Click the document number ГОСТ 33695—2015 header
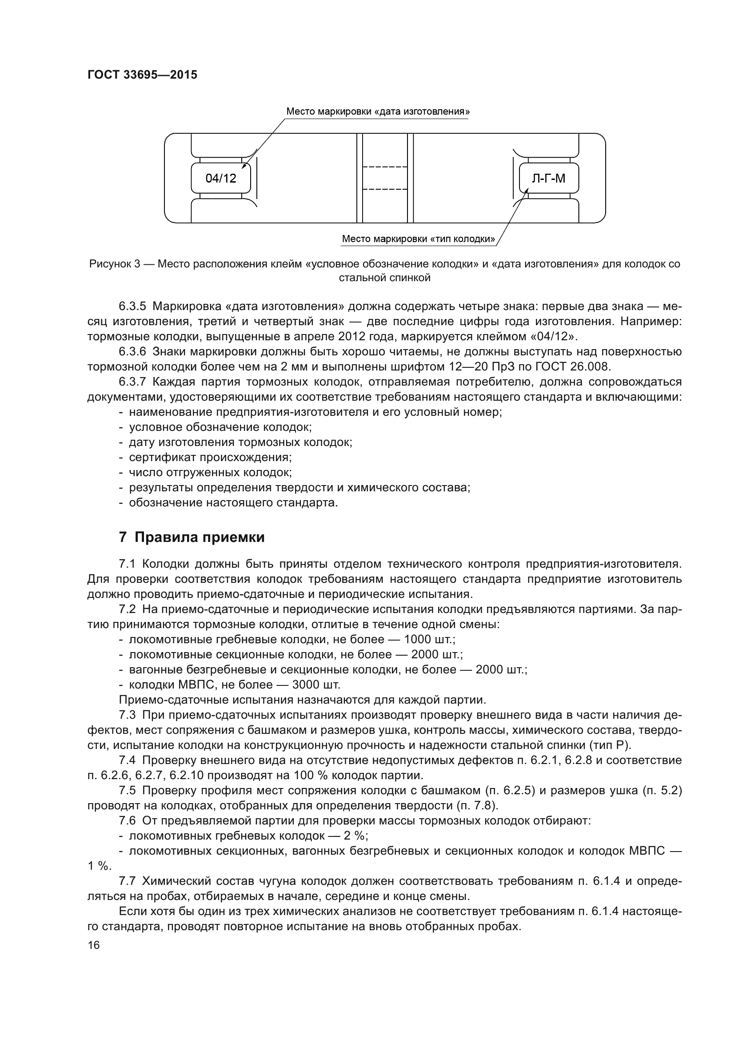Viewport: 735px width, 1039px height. tap(142, 75)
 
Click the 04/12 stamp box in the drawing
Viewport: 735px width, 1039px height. tap(221, 178)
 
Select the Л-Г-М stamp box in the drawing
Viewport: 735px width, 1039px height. tap(548, 178)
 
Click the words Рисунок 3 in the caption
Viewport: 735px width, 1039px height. tap(115, 264)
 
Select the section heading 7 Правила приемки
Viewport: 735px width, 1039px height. tap(192, 537)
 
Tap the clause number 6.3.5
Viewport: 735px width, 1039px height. tap(132, 307)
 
